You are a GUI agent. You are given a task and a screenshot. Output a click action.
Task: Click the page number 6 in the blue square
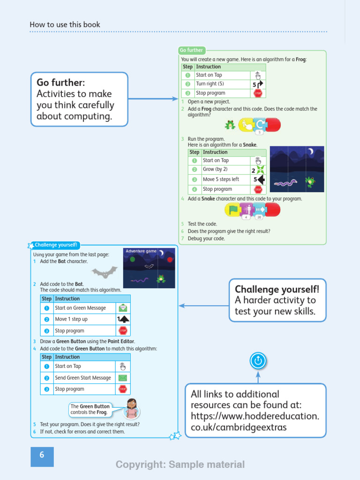point(42,455)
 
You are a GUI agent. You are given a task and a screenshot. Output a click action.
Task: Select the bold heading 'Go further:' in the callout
point(61,83)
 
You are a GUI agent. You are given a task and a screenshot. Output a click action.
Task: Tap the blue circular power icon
point(258,360)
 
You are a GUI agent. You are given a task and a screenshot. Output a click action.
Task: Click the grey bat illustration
point(104,272)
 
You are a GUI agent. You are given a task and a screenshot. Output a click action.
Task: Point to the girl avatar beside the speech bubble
point(132,408)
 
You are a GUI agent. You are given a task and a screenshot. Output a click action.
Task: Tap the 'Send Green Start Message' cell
point(83,378)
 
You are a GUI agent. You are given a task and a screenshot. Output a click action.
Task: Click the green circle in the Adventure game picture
point(133,259)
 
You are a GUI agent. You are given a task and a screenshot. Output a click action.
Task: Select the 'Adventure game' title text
point(141,251)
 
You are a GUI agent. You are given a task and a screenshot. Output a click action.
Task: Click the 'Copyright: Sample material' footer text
point(180,465)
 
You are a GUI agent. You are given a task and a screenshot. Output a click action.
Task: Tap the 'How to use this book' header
point(65,24)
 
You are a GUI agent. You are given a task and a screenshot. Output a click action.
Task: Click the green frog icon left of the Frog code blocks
point(230,125)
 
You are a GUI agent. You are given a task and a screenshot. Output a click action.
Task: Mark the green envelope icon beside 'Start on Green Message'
point(123,308)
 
